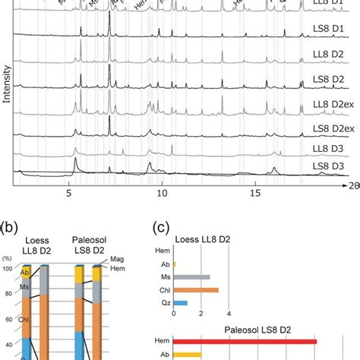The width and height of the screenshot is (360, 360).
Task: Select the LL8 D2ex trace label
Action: (333, 103)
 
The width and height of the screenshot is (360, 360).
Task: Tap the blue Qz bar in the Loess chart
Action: (180, 302)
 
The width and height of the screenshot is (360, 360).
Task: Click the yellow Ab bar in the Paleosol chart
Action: (188, 355)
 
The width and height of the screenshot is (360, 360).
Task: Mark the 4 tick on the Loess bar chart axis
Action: (229, 314)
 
